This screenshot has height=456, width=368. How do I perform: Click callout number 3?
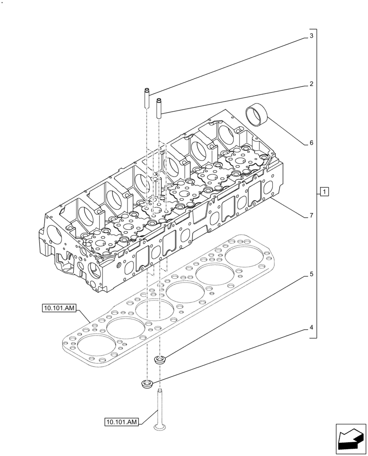coord(311,36)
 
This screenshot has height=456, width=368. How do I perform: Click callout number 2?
coord(311,84)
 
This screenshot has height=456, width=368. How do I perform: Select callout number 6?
coord(311,143)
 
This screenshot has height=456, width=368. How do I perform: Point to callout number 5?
coord(311,275)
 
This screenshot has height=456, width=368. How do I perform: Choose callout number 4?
coord(311,327)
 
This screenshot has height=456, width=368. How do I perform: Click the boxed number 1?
coord(323,192)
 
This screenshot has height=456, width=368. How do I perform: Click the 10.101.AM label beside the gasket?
coord(59,309)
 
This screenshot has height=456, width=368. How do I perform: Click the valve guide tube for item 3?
coord(147,98)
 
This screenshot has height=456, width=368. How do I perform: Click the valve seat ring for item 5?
coord(160,360)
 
